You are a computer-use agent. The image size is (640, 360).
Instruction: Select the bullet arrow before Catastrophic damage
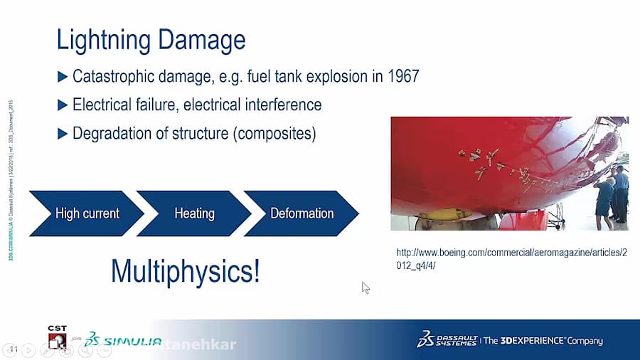63,76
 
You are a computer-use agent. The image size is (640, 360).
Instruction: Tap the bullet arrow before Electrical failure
63,105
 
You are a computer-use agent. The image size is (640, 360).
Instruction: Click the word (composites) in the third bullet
275,133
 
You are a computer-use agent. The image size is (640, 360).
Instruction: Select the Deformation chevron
302,213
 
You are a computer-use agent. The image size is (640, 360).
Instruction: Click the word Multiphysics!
186,271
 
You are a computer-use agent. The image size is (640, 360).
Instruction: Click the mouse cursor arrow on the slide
366,287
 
